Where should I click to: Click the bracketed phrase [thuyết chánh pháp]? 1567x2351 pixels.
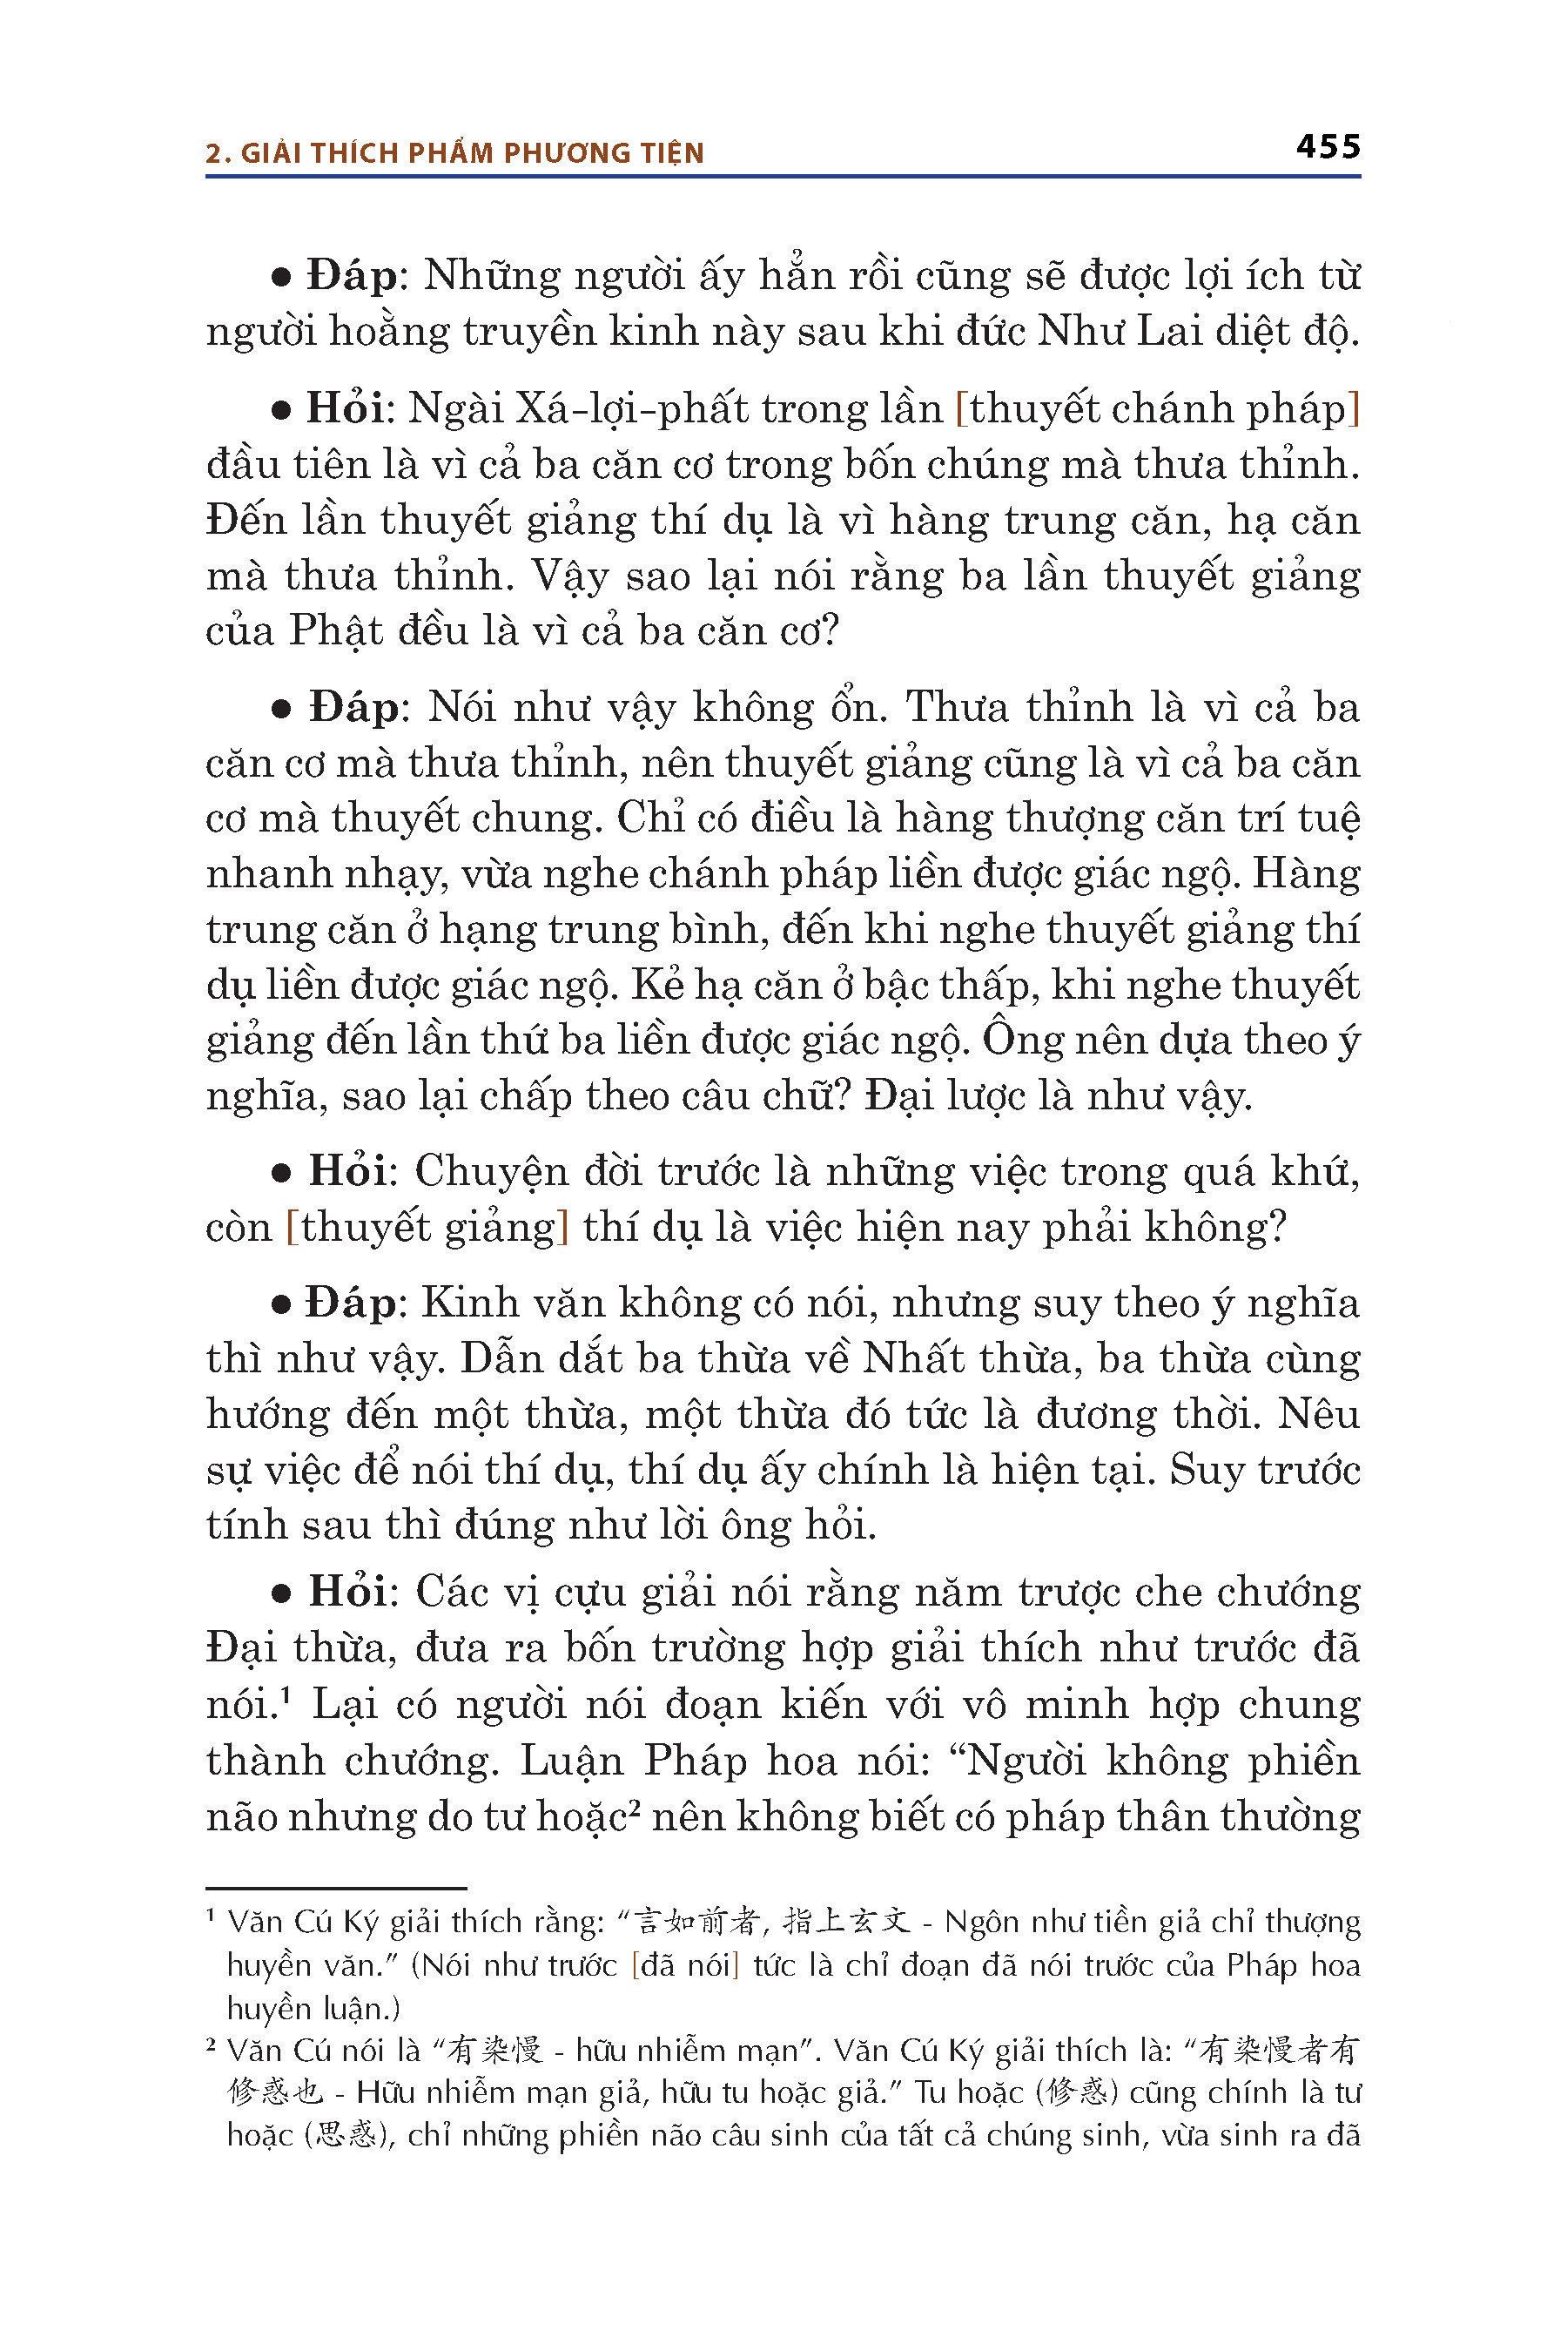point(1158,409)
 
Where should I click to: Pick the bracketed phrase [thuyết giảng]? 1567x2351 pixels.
point(427,1228)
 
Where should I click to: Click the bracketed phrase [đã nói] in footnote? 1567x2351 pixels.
point(686,1965)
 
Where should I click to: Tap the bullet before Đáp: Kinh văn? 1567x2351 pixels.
point(281,1304)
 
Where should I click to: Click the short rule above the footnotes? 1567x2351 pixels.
point(336,1888)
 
